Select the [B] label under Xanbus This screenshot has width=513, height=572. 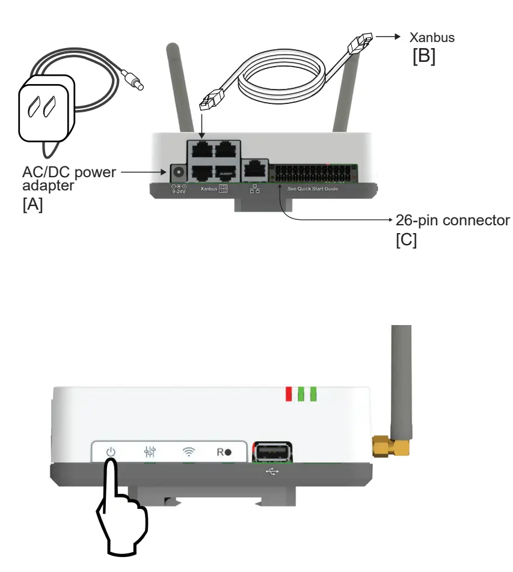tap(423, 58)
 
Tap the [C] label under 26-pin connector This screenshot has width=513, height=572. tap(406, 242)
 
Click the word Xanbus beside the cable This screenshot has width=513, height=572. tap(432, 37)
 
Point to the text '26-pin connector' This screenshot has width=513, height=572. tap(452, 220)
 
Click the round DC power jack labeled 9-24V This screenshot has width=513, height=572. tap(178, 172)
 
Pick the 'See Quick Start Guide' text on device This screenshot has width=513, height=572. tap(313, 189)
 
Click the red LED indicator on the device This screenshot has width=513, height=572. tap(289, 394)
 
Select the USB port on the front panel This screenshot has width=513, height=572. tap(272, 452)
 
